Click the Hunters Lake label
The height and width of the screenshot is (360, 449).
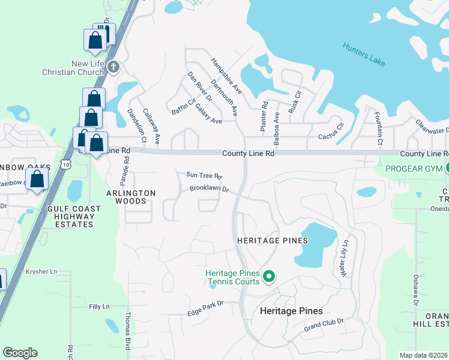(x=364, y=54)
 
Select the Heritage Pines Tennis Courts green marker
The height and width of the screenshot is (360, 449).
(x=269, y=277)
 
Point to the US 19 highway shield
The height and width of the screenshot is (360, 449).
(x=66, y=164)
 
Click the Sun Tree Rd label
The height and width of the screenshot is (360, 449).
(x=204, y=176)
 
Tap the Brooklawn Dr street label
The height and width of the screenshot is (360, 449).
(x=209, y=189)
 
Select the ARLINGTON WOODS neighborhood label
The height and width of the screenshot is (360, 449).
(x=131, y=197)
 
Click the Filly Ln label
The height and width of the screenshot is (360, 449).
(x=100, y=307)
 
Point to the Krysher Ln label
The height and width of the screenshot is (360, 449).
(x=41, y=272)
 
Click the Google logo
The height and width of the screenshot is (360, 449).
(x=20, y=352)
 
